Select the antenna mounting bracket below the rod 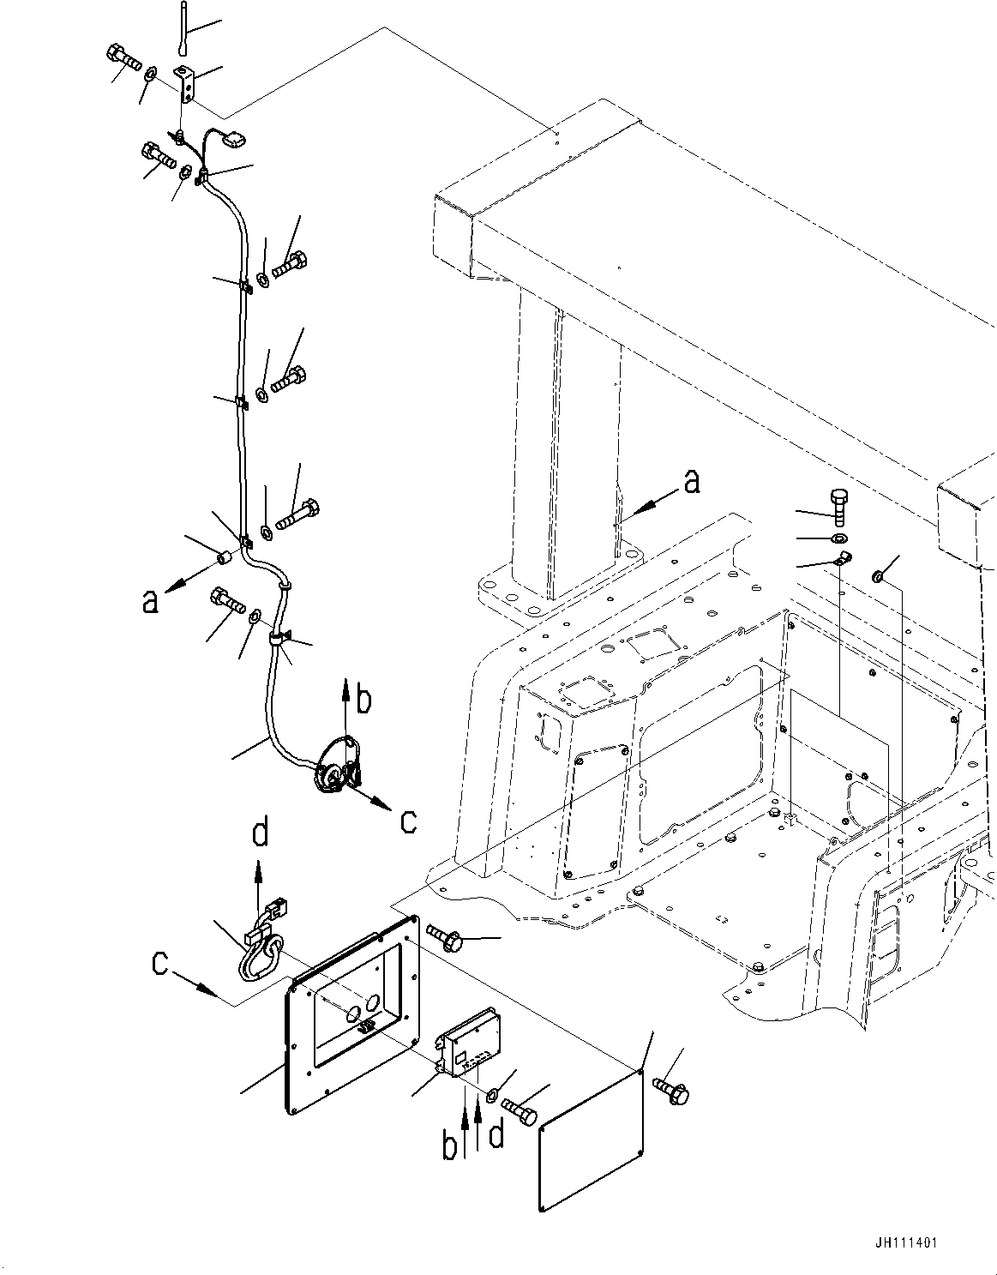click(x=187, y=83)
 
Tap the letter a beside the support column click(x=692, y=483)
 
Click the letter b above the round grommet click(x=364, y=701)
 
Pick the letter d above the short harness click(x=261, y=833)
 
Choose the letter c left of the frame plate click(x=160, y=965)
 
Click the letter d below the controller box click(x=495, y=1136)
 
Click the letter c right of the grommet click(x=409, y=821)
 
